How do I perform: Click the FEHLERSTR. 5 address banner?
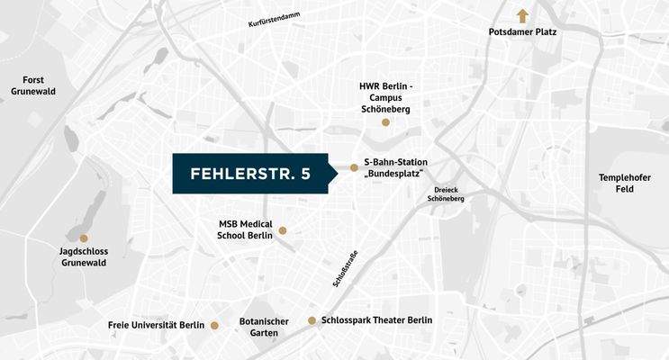click(x=250, y=174)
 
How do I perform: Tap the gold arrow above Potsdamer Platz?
click(x=521, y=14)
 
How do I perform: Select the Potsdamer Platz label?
click(x=522, y=32)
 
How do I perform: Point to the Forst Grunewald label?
click(x=34, y=85)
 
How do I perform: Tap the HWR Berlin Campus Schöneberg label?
click(x=385, y=97)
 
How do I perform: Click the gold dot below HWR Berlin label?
click(x=385, y=121)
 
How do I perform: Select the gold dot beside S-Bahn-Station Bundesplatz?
click(x=354, y=167)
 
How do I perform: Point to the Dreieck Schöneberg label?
click(x=448, y=194)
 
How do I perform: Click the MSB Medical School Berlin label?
click(x=245, y=229)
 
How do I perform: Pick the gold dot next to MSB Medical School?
click(x=283, y=230)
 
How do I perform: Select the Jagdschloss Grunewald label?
click(x=83, y=256)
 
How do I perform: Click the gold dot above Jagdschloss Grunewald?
click(x=84, y=238)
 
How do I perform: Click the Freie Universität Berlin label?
click(x=157, y=325)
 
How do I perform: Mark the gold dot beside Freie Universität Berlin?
click(x=214, y=325)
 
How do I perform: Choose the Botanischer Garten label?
click(x=264, y=327)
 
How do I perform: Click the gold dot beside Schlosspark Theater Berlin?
click(x=312, y=320)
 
